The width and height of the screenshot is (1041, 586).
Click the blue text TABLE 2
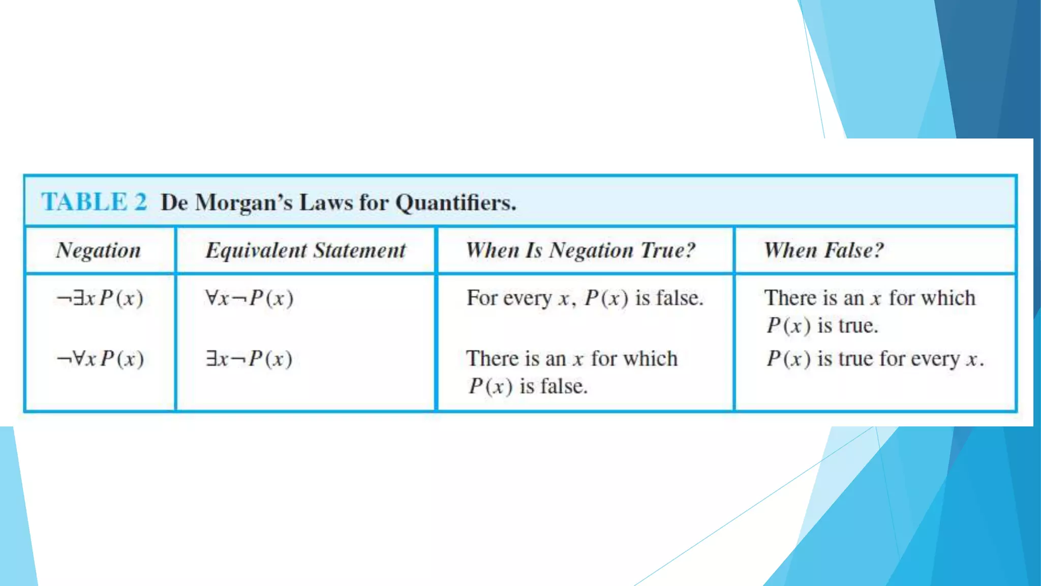(95, 202)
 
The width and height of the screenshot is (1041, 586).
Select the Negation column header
(99, 250)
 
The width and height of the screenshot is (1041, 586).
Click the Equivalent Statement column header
(305, 250)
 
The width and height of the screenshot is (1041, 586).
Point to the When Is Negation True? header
(580, 250)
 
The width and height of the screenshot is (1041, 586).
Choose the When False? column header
(824, 250)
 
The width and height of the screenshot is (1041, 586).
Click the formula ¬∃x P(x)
(100, 298)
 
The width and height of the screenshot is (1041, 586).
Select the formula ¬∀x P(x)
(100, 359)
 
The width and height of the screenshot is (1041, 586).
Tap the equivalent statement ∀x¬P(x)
(249, 298)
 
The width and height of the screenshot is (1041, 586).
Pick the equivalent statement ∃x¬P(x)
(249, 359)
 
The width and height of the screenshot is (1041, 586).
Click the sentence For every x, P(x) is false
(585, 298)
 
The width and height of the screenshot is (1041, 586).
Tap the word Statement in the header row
(359, 250)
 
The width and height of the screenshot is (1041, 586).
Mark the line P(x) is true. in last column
(822, 326)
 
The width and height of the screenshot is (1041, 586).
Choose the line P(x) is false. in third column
(528, 387)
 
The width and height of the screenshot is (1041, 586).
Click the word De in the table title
(174, 202)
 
